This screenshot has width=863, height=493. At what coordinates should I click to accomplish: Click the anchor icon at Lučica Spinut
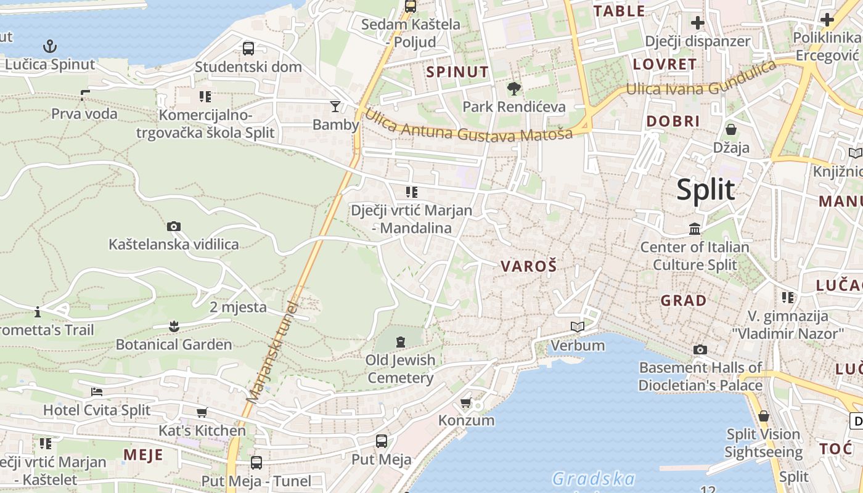(49, 46)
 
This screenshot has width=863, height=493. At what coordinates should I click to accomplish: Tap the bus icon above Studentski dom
(248, 48)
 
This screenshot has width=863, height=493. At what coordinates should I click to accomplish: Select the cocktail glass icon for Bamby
(335, 106)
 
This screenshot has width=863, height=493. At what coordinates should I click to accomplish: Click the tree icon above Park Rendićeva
(513, 88)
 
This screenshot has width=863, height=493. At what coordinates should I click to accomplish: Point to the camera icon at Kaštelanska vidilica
(174, 226)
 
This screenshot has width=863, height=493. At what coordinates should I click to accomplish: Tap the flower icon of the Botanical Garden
(174, 326)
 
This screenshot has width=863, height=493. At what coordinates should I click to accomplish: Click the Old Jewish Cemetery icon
(401, 341)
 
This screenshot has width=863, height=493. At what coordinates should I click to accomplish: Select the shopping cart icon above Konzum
(466, 402)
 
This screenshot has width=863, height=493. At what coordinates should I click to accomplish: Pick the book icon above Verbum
(578, 327)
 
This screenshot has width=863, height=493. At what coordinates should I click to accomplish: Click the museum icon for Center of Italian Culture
(695, 229)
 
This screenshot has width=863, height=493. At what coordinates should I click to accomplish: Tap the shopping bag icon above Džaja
(731, 129)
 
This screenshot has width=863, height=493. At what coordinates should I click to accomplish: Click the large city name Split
(706, 189)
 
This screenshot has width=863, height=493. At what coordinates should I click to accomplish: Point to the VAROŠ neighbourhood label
(528, 266)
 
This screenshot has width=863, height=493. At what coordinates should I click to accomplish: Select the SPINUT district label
(457, 71)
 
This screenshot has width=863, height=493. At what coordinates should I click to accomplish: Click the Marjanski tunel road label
(272, 352)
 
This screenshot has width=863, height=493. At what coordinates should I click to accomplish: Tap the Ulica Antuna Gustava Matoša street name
(468, 126)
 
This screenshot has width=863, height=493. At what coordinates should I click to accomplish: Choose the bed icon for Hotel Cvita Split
(97, 391)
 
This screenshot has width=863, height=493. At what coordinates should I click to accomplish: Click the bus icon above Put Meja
(382, 441)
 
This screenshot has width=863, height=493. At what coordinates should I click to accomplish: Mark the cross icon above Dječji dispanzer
(697, 23)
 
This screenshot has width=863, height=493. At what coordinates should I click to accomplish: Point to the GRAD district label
(684, 301)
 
